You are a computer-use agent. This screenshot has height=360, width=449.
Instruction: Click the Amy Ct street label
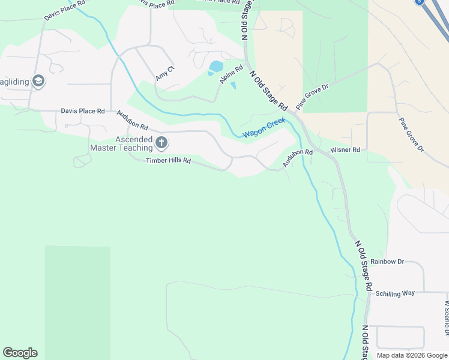(x=164, y=73)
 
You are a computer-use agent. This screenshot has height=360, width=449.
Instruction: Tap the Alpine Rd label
(x=231, y=74)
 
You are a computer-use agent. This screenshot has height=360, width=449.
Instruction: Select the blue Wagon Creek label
(x=264, y=128)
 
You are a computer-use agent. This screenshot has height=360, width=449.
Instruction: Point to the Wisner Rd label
(x=345, y=149)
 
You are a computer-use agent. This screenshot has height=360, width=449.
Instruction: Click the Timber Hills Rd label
(x=168, y=161)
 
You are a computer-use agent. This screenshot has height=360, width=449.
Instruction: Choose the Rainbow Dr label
(x=387, y=262)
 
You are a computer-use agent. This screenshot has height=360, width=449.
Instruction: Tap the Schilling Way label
(x=395, y=293)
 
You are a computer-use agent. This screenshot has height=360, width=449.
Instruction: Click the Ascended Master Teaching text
(x=121, y=143)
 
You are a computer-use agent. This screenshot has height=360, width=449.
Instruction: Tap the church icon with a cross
(x=161, y=143)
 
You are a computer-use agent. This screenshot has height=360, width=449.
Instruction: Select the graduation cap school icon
(x=38, y=81)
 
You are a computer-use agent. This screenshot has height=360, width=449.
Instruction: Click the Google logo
(x=20, y=352)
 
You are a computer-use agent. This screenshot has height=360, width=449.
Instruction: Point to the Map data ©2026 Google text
(x=412, y=355)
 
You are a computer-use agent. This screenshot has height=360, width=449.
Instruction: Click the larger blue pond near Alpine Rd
(x=215, y=66)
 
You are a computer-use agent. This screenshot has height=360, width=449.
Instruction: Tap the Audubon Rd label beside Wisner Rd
(x=298, y=157)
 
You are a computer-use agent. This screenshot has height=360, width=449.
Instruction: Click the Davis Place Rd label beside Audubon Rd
(x=83, y=111)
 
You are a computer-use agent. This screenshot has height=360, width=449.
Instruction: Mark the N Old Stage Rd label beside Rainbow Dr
(x=364, y=265)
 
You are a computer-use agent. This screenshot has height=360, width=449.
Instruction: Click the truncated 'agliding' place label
(x=14, y=82)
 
